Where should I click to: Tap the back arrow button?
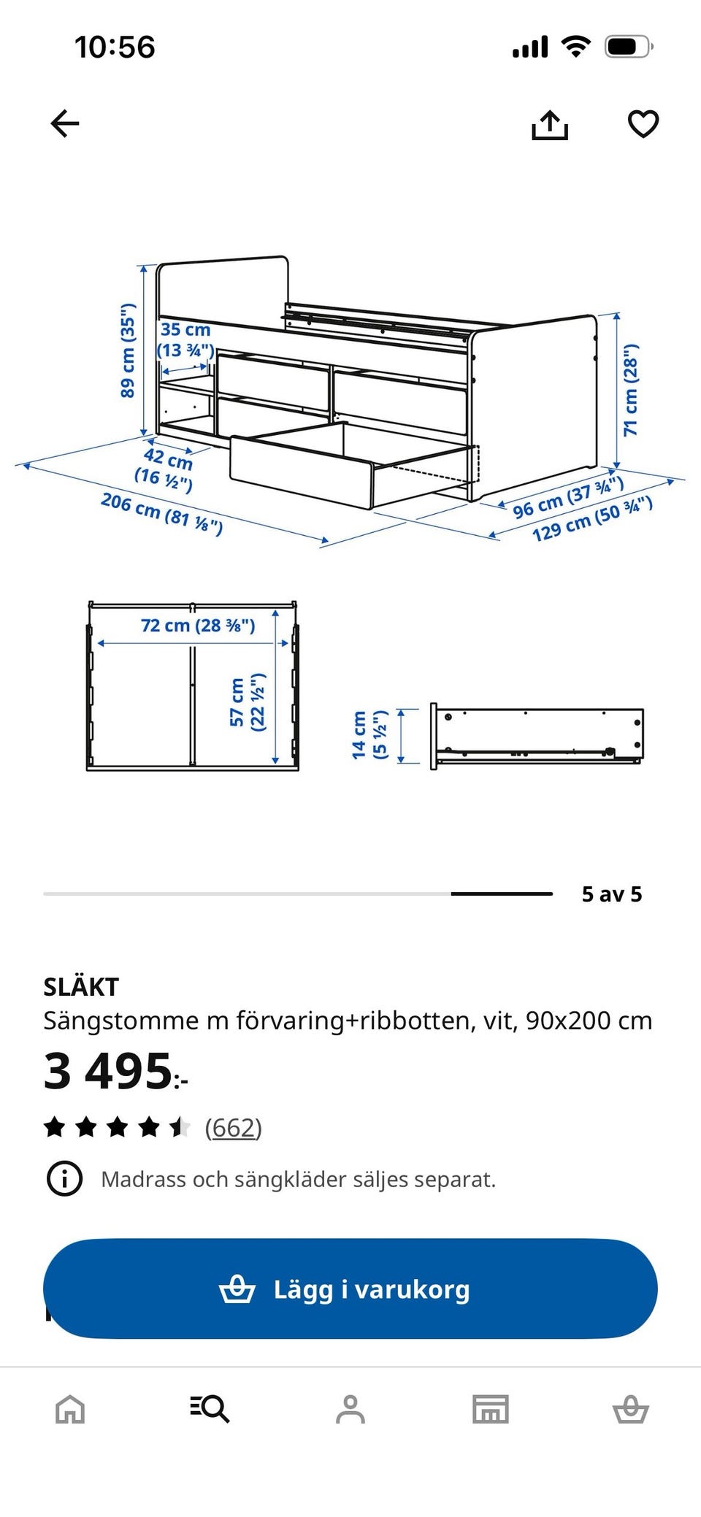pos(64,123)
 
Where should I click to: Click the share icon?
pos(549,125)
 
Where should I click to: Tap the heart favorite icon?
pos(643,124)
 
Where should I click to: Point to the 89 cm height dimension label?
pos(128,350)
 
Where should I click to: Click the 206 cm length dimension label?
pos(161,513)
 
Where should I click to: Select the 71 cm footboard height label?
pos(630,389)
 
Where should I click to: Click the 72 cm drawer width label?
pos(198,626)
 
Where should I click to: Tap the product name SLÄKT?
pos(81,987)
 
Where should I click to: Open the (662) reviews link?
pos(233,1128)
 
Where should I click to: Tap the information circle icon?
pos(64,1179)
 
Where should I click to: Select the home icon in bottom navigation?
pos(70,1409)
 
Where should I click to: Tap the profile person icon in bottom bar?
pos(350,1409)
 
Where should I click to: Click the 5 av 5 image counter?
pos(611,894)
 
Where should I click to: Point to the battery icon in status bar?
pos(628,47)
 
